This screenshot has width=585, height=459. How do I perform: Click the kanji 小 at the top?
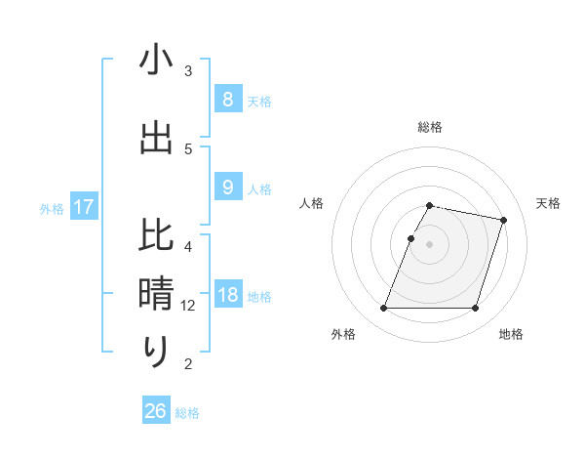[156, 61]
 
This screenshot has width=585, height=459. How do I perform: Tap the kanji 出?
[156, 138]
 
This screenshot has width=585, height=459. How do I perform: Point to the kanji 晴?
[156, 293]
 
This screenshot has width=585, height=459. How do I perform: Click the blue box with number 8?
[227, 99]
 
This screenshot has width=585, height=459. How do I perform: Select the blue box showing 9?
[227, 188]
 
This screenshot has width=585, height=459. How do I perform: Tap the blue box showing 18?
[227, 295]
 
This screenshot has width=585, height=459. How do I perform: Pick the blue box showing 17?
[84, 207]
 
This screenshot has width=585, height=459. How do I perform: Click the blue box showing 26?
[156, 411]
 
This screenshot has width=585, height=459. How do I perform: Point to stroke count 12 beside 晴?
[189, 306]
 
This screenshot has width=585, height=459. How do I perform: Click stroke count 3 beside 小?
[189, 71]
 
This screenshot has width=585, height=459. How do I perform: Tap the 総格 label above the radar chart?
[430, 127]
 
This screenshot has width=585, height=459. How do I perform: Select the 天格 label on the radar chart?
[548, 203]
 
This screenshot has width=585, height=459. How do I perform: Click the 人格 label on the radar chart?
[312, 203]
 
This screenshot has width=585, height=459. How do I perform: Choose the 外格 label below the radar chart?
[343, 334]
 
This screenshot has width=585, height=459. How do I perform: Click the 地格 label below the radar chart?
[511, 334]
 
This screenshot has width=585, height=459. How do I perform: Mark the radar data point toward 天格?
[504, 220]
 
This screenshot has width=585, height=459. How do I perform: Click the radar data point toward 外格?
[384, 309]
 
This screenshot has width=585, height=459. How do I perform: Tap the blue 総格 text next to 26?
[187, 413]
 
